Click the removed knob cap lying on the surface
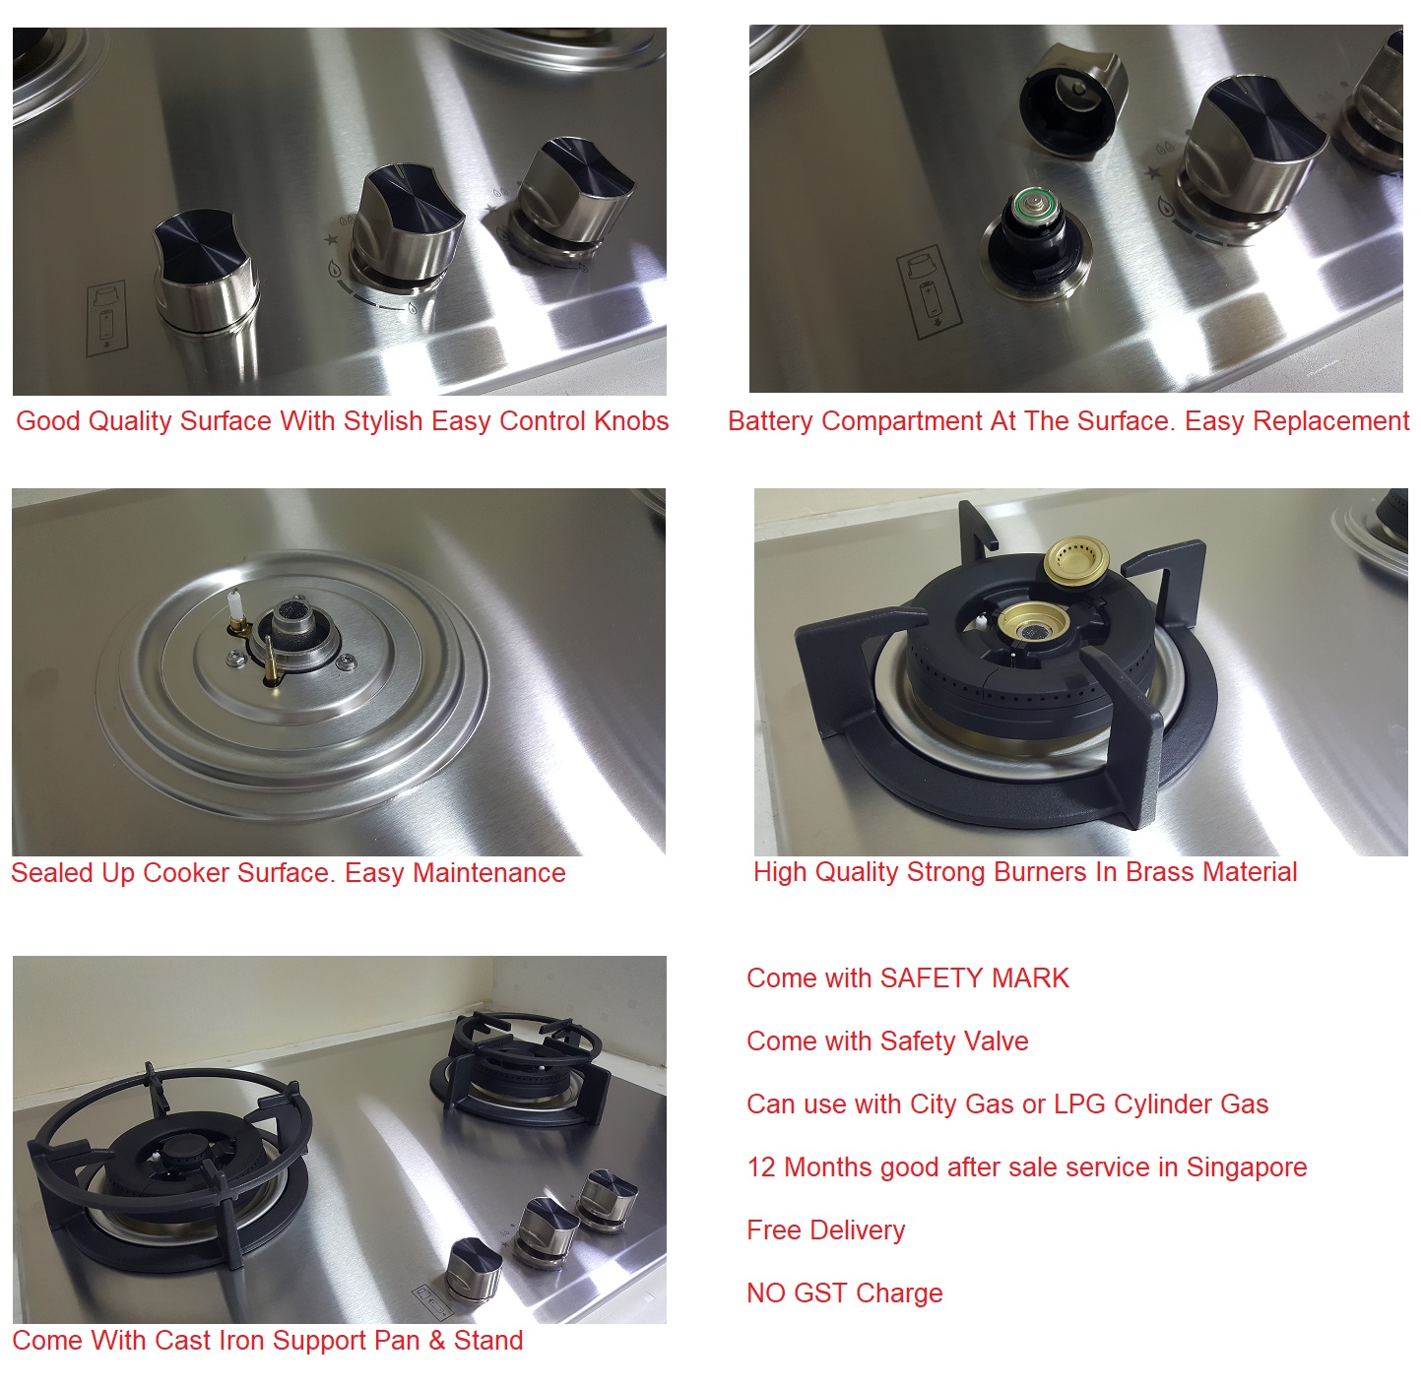1072,101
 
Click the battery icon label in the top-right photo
929,292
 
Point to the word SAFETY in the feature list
928,978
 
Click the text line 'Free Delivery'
825,1230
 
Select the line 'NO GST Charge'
844,1293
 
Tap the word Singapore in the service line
1247,1168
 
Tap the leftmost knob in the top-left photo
205,272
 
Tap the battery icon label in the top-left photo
106,318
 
